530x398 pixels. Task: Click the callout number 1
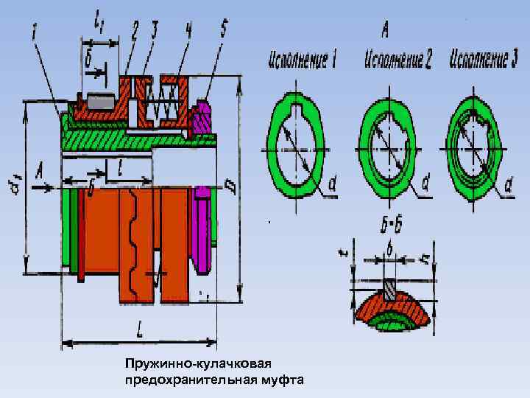click(x=35, y=32)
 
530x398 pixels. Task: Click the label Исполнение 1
click(x=303, y=60)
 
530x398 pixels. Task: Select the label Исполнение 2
click(x=397, y=60)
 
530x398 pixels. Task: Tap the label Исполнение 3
click(x=485, y=59)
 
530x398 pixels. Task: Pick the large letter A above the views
click(x=385, y=31)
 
